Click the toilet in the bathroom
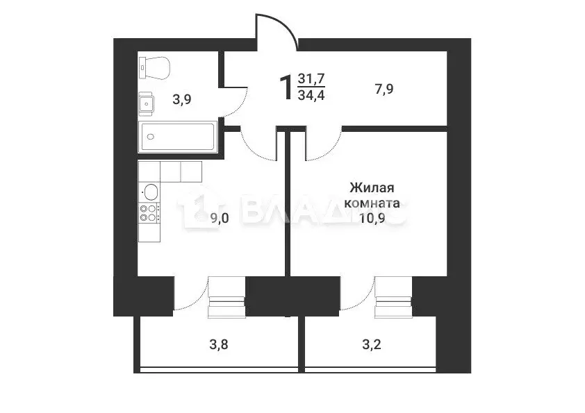[154, 67]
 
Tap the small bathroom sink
[146, 103]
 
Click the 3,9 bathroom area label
[182, 99]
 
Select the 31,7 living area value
[311, 79]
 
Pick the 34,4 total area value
[311, 96]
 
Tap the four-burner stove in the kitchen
[148, 212]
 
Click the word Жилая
[372, 187]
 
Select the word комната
[372, 204]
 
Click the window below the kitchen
[226, 297]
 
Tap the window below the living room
[393, 297]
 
